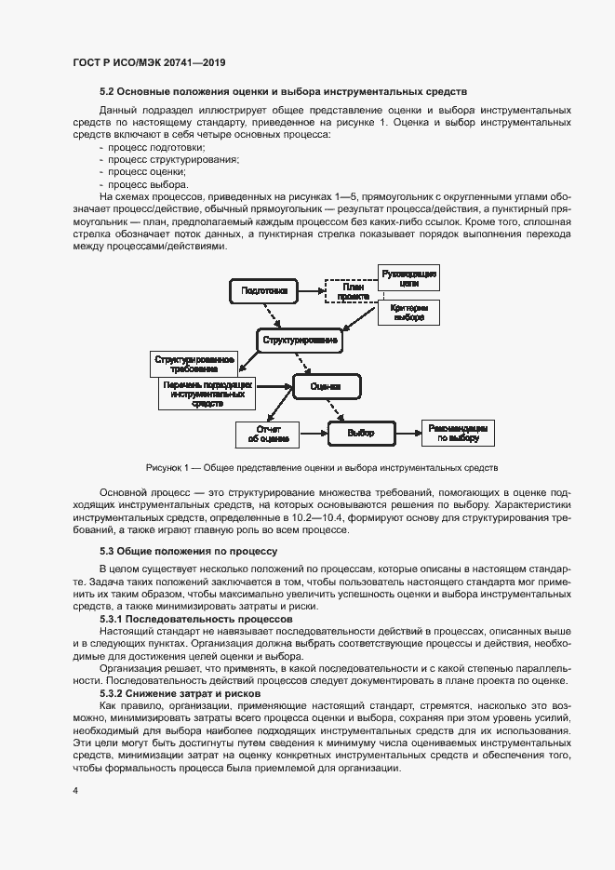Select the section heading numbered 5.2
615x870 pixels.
click(283, 91)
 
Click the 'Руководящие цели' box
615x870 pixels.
click(409, 277)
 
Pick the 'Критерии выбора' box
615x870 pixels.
click(409, 312)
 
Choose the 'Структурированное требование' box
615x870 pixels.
click(194, 363)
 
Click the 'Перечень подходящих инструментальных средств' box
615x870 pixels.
click(207, 394)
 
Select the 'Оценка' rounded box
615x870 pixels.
click(326, 385)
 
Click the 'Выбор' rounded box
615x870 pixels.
click(360, 433)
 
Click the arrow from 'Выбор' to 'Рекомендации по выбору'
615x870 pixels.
click(407, 433)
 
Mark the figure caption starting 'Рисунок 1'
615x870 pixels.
click(322, 467)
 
